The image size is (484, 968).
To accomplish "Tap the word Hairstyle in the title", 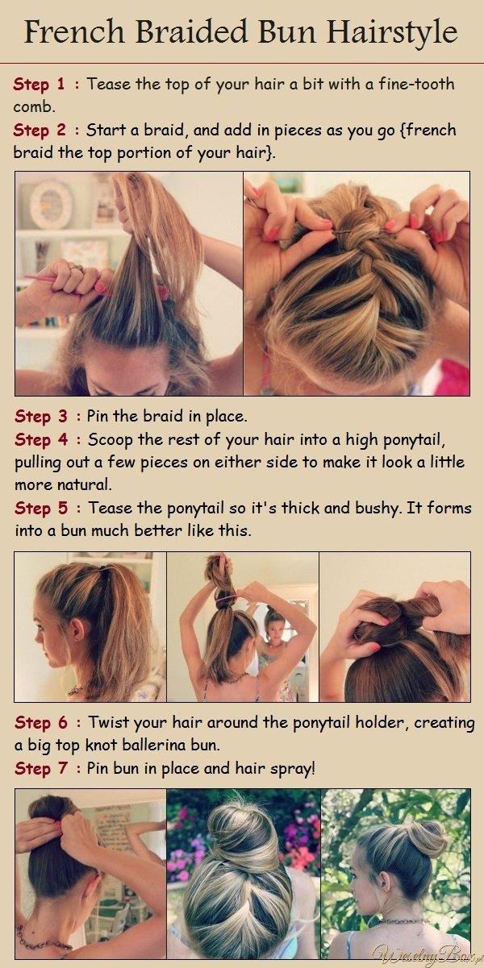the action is point(392,33).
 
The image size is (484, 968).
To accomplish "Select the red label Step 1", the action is point(39,84).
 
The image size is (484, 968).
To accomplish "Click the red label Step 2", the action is point(40,130).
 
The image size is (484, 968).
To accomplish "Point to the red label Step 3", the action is point(41,416).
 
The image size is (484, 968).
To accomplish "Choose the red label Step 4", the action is point(41,439).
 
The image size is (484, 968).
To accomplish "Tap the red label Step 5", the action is point(41,508).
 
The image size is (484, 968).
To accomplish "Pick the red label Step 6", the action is point(41,722).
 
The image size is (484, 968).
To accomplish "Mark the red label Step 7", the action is point(41,768).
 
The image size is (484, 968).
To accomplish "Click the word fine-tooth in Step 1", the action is point(416,83).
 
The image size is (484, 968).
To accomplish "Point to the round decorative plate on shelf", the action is point(51,205).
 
